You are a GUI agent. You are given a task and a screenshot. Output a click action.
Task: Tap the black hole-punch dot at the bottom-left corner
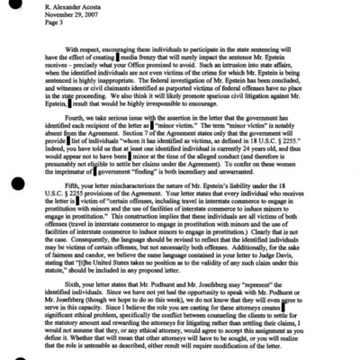8,353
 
